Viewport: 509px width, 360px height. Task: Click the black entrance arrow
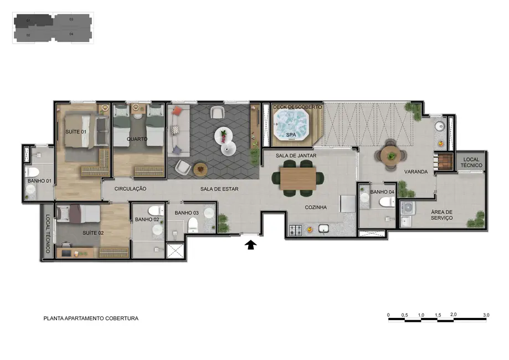click(250, 244)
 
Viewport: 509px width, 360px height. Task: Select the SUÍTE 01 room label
click(76, 132)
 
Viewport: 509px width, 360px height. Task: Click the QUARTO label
click(137, 139)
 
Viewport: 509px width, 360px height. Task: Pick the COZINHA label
click(315, 208)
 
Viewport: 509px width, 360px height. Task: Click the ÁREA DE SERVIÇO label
click(442, 215)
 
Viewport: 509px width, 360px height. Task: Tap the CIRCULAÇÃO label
click(130, 189)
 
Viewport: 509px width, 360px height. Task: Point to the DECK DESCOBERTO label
click(294, 107)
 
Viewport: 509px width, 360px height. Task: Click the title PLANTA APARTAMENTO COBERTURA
click(91, 318)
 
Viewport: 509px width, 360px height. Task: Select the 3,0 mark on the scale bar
click(486, 315)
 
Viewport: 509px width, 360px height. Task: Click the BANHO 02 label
click(147, 220)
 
